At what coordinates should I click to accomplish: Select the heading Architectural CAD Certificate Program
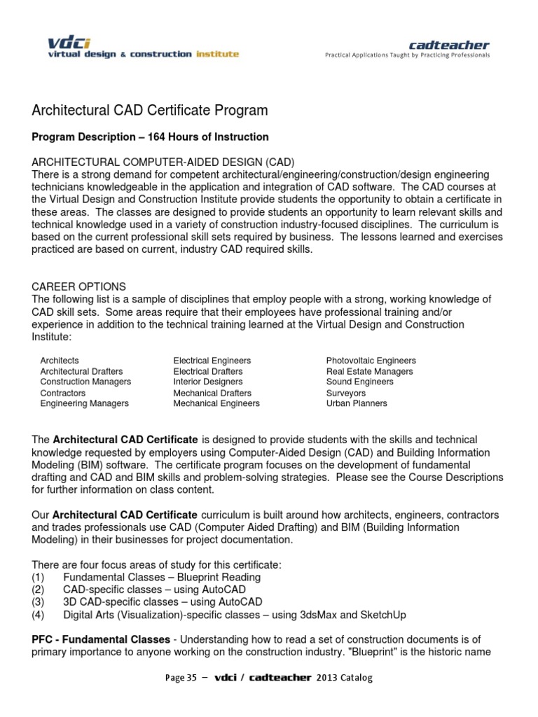pyautogui.click(x=150, y=111)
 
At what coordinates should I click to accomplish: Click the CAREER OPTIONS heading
pyautogui.click(x=79, y=287)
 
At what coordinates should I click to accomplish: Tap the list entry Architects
pyautogui.click(x=60, y=361)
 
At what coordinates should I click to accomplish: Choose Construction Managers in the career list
pyautogui.click(x=85, y=382)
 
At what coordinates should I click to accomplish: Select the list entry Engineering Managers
pyautogui.click(x=84, y=403)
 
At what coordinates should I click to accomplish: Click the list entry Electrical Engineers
pyautogui.click(x=212, y=361)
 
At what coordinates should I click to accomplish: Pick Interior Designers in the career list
pyautogui.click(x=208, y=382)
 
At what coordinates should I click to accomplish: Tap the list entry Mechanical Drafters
pyautogui.click(x=212, y=394)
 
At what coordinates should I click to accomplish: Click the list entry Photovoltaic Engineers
pyautogui.click(x=371, y=361)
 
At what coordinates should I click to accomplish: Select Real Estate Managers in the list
pyautogui.click(x=369, y=372)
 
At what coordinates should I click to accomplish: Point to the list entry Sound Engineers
pyautogui.click(x=359, y=382)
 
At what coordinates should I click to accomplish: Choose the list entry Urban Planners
pyautogui.click(x=357, y=403)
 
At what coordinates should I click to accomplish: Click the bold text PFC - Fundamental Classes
pyautogui.click(x=101, y=640)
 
